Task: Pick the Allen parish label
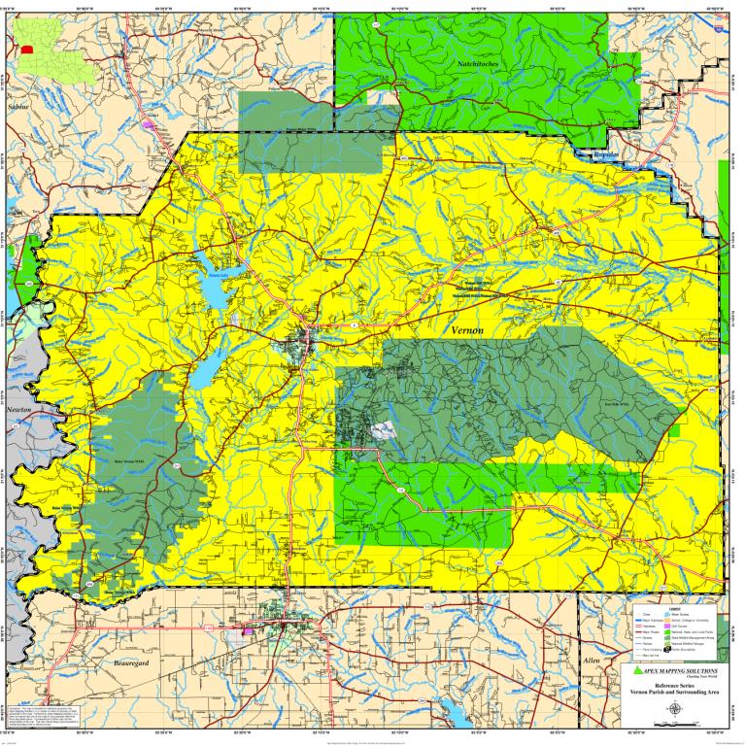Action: pyautogui.click(x=592, y=661)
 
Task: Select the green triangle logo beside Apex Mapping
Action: pyautogui.click(x=637, y=671)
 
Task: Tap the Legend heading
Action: pyautogui.click(x=674, y=607)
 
